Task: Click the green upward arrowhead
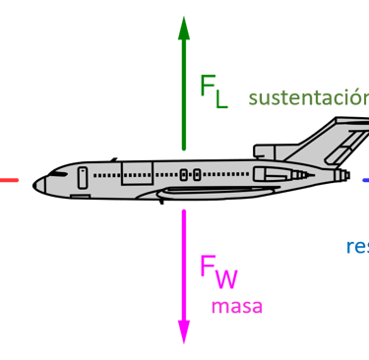click(x=184, y=27)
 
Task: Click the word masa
click(x=237, y=306)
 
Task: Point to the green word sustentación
click(x=308, y=98)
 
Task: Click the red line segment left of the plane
click(x=9, y=180)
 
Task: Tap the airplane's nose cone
click(x=39, y=184)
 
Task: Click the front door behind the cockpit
click(x=83, y=177)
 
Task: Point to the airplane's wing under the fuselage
click(x=212, y=192)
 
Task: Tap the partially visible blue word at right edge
click(x=358, y=246)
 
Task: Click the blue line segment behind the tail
click(x=365, y=180)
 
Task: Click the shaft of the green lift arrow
click(x=184, y=98)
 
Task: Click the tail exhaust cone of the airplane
click(x=343, y=176)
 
